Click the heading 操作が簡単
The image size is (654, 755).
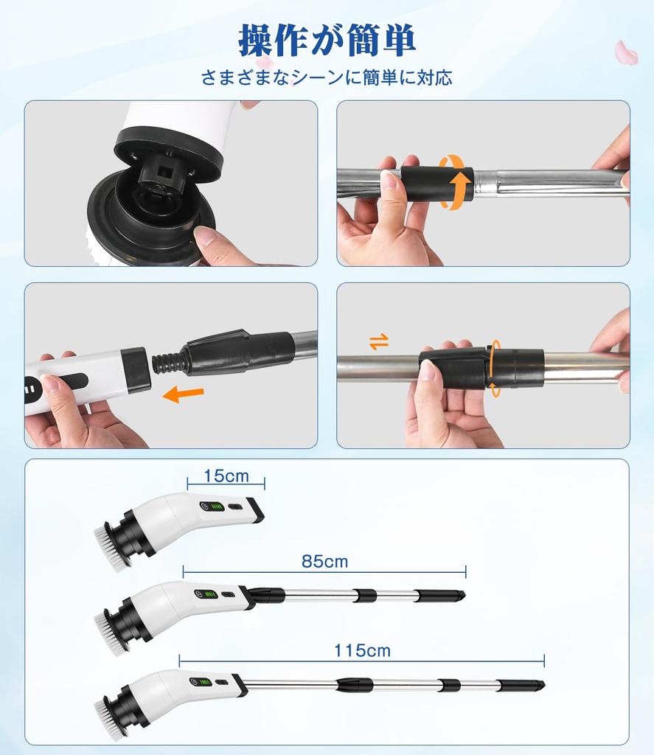[x=327, y=41]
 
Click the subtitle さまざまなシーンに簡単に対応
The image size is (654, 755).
[x=327, y=77]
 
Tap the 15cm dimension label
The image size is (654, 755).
[x=226, y=476]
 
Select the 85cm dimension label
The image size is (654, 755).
[x=324, y=562]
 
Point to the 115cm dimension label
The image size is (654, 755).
[x=361, y=650]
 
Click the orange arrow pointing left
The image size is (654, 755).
[x=183, y=394]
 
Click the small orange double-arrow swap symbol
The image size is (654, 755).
[x=379, y=341]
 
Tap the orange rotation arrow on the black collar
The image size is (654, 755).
[x=456, y=182]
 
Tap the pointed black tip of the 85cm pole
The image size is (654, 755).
[x=459, y=594]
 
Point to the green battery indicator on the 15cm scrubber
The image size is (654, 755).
[x=215, y=507]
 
